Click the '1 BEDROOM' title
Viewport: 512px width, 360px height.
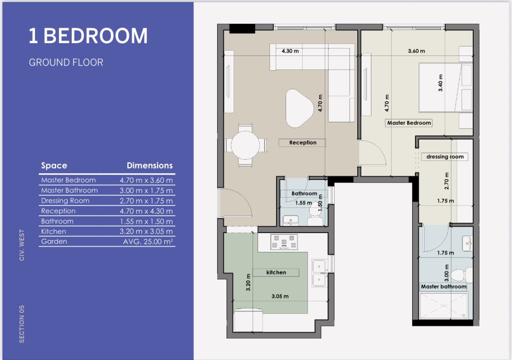(x=88, y=36)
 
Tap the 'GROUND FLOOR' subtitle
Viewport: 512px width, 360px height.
(x=66, y=62)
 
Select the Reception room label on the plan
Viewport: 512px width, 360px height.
(x=303, y=143)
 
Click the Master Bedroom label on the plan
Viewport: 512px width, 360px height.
(x=409, y=123)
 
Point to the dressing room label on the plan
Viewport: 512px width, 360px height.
(x=445, y=157)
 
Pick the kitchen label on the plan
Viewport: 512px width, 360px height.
(x=276, y=272)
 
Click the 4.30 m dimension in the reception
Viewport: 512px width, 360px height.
(x=290, y=51)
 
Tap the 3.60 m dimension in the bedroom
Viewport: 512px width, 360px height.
(x=416, y=51)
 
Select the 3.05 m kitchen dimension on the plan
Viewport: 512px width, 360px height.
(x=280, y=296)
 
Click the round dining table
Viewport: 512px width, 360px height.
(x=245, y=145)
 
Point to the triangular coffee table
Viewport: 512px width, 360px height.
(x=299, y=108)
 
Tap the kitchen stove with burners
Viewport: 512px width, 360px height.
(x=284, y=242)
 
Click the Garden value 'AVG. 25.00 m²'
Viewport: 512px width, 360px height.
(x=148, y=241)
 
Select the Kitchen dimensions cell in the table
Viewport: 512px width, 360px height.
(x=146, y=231)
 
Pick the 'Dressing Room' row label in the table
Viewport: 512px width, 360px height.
(x=65, y=201)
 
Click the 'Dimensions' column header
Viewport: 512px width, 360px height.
(x=150, y=166)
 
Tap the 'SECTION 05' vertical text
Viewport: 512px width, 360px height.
(x=22, y=324)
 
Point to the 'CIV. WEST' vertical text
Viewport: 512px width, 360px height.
(x=22, y=245)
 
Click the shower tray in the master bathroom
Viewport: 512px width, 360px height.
(x=444, y=305)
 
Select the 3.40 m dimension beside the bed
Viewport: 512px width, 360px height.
(x=440, y=83)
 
